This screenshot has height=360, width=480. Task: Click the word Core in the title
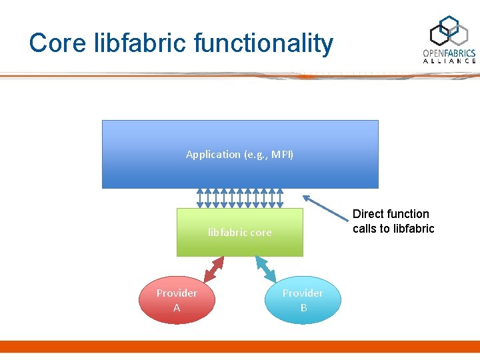click(57, 43)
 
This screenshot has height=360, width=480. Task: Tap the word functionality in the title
click(263, 43)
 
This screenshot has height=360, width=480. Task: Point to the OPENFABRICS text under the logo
click(449, 53)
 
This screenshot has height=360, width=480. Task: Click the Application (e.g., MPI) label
click(239, 154)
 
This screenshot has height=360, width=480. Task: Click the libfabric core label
click(239, 233)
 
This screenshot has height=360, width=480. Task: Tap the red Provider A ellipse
click(177, 300)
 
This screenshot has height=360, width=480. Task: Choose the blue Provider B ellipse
click(303, 300)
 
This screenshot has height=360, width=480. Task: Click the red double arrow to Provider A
click(214, 269)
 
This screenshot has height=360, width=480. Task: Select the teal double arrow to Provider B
click(265, 268)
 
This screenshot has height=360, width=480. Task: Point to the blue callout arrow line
click(327, 206)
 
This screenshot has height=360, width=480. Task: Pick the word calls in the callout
click(365, 229)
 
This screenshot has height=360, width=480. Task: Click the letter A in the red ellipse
click(177, 308)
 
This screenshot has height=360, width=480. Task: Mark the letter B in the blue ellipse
click(303, 308)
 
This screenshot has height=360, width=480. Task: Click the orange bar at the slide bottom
click(240, 347)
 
